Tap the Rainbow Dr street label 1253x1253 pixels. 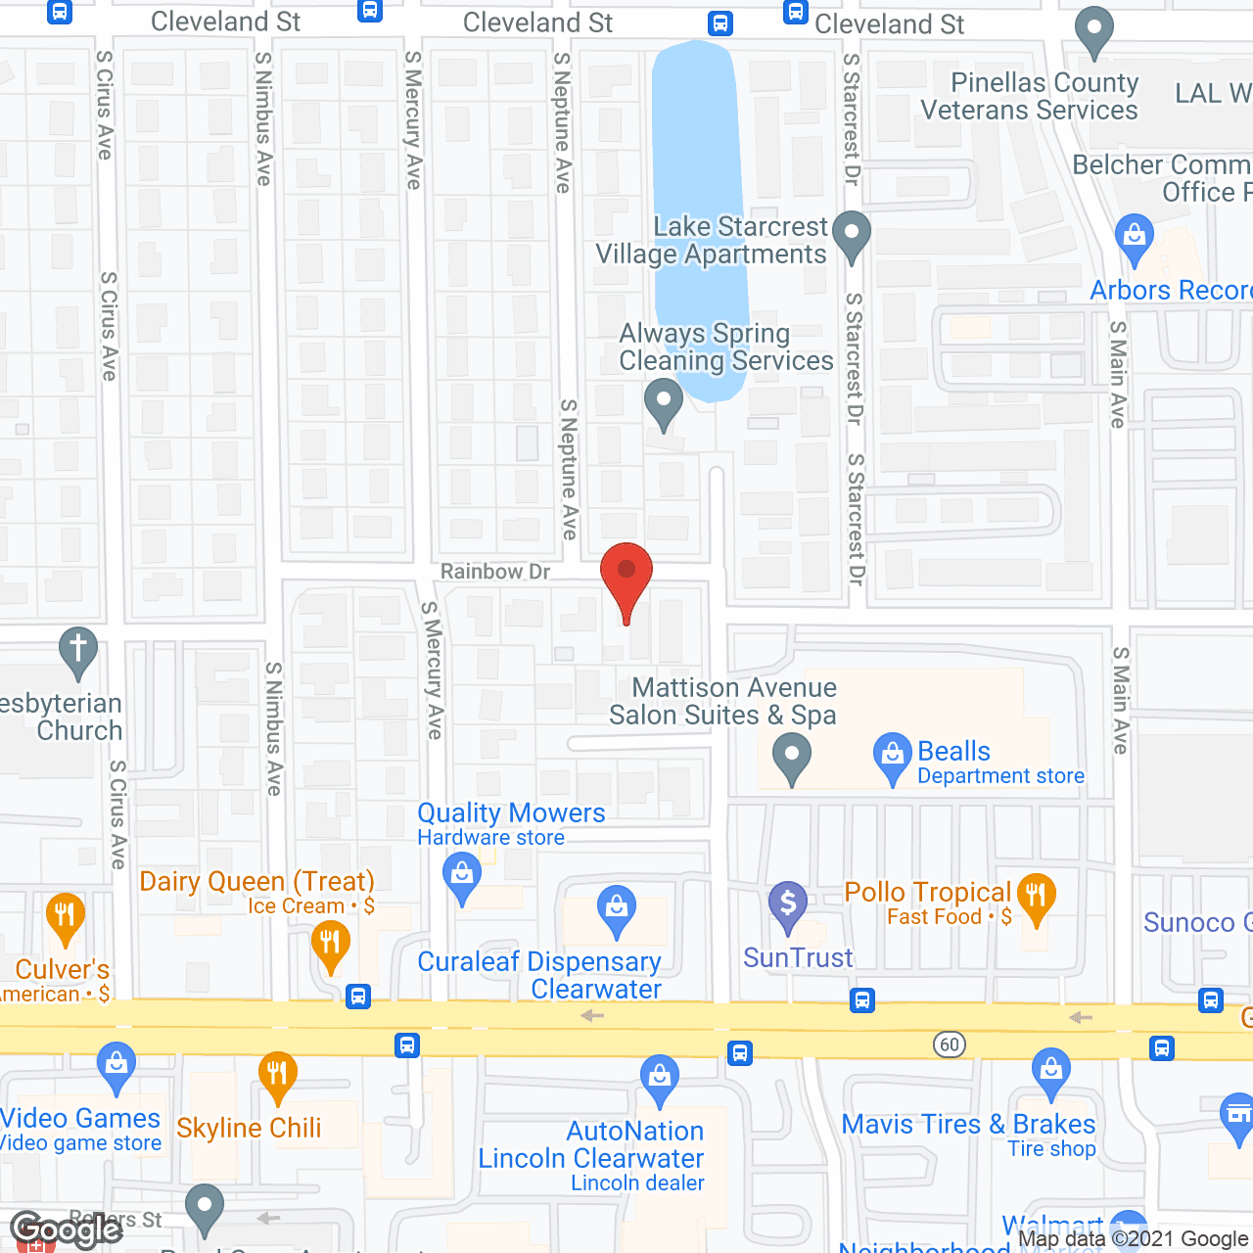(x=495, y=572)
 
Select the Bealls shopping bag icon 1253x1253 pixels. (x=892, y=756)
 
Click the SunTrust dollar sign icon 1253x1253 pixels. (x=787, y=905)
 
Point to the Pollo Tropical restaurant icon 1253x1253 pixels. (x=1036, y=897)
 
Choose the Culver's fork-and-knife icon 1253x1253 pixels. (x=65, y=917)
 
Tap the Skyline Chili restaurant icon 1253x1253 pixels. (x=277, y=1075)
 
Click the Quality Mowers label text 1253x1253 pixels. (x=511, y=813)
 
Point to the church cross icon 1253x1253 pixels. (x=78, y=650)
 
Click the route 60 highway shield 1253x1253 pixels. (x=950, y=1044)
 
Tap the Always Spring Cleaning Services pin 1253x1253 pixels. (x=664, y=402)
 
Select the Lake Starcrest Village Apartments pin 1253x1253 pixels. (x=852, y=235)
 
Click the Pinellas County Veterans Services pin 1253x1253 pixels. (x=1094, y=31)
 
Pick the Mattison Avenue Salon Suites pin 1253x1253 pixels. (x=791, y=758)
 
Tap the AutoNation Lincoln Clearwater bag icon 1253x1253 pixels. (x=660, y=1078)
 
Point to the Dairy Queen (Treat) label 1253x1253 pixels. (x=256, y=881)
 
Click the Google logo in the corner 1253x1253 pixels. (x=67, y=1230)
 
